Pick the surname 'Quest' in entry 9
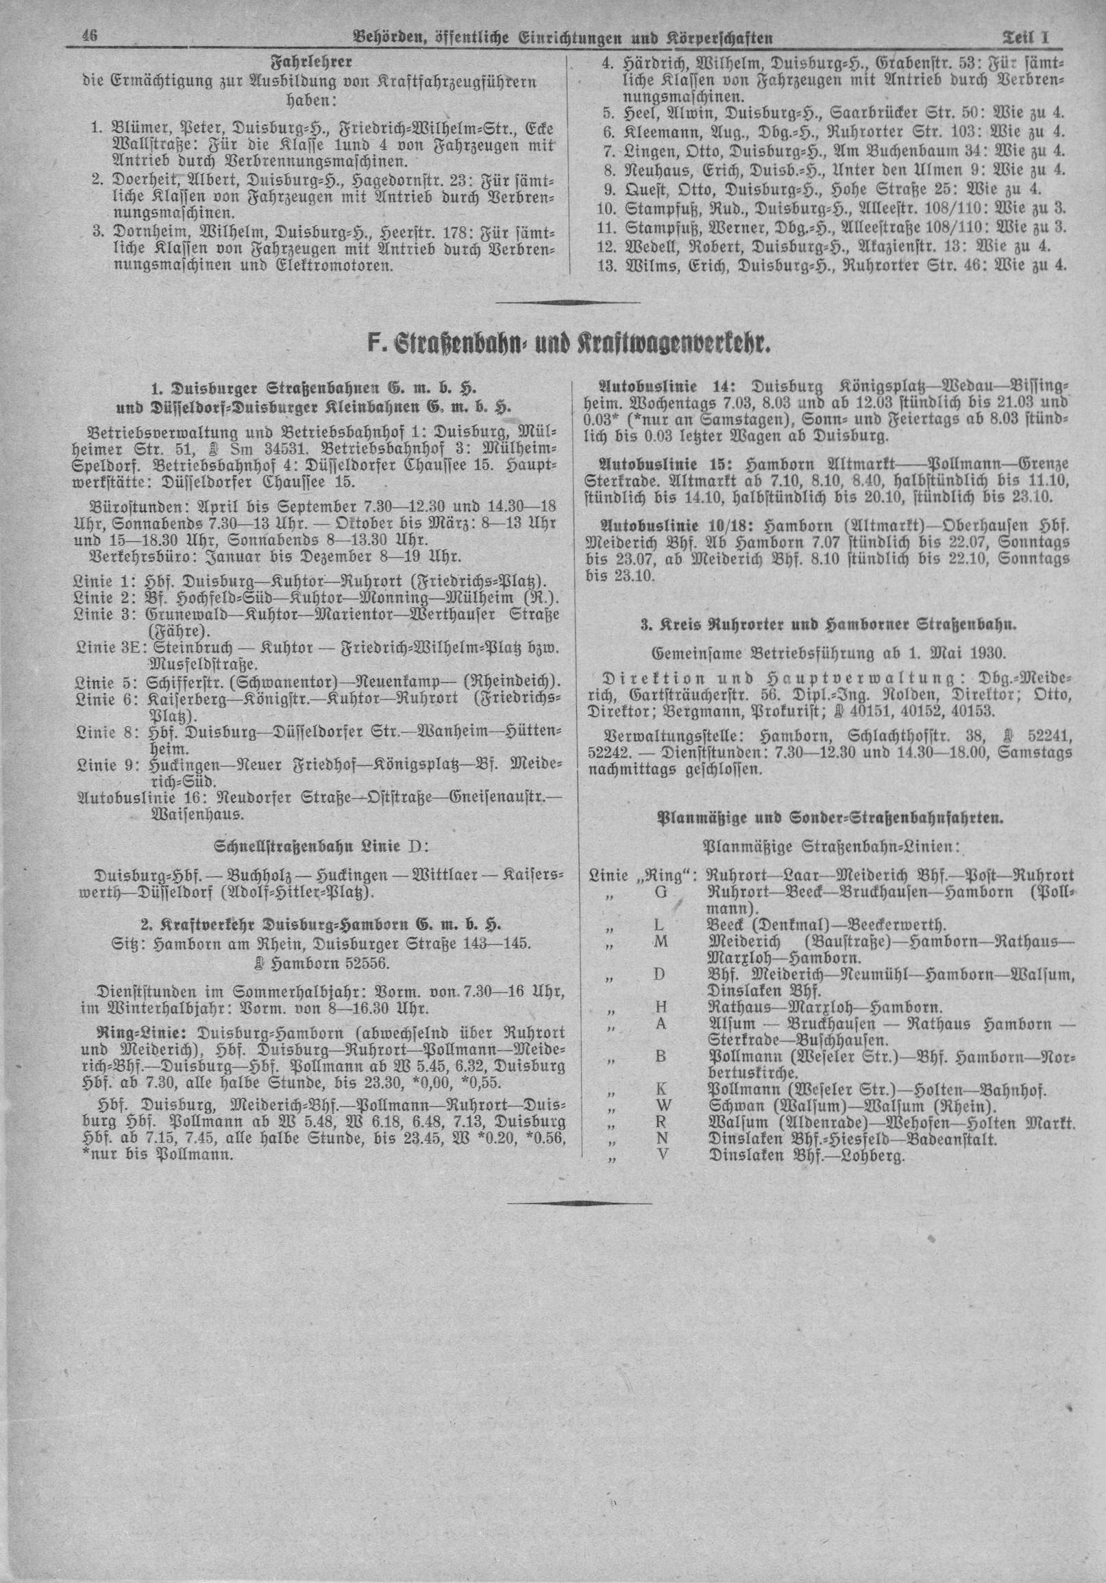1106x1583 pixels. [x=646, y=190]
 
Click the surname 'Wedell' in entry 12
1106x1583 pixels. [x=651, y=246]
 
